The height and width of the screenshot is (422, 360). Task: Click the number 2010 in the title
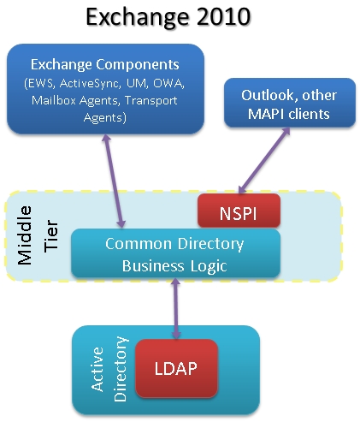click(223, 16)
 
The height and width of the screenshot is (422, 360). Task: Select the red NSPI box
click(239, 211)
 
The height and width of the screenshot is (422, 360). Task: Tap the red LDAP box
click(176, 368)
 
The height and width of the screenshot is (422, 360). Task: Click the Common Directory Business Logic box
click(175, 253)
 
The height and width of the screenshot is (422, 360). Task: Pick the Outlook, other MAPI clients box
click(290, 103)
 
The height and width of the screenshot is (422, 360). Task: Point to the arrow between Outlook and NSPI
click(264, 161)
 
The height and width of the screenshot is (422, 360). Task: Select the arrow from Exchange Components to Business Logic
click(114, 181)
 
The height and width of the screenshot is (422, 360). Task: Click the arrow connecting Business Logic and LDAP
click(176, 308)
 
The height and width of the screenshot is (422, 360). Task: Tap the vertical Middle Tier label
click(38, 235)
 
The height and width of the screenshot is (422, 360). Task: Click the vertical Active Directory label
click(109, 369)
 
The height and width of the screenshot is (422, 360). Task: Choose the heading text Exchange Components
click(105, 64)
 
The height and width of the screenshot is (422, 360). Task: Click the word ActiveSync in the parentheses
click(89, 84)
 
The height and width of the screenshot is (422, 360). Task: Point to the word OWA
click(168, 83)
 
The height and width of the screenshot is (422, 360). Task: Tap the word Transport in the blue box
click(151, 101)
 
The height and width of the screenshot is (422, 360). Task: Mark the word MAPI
click(266, 114)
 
